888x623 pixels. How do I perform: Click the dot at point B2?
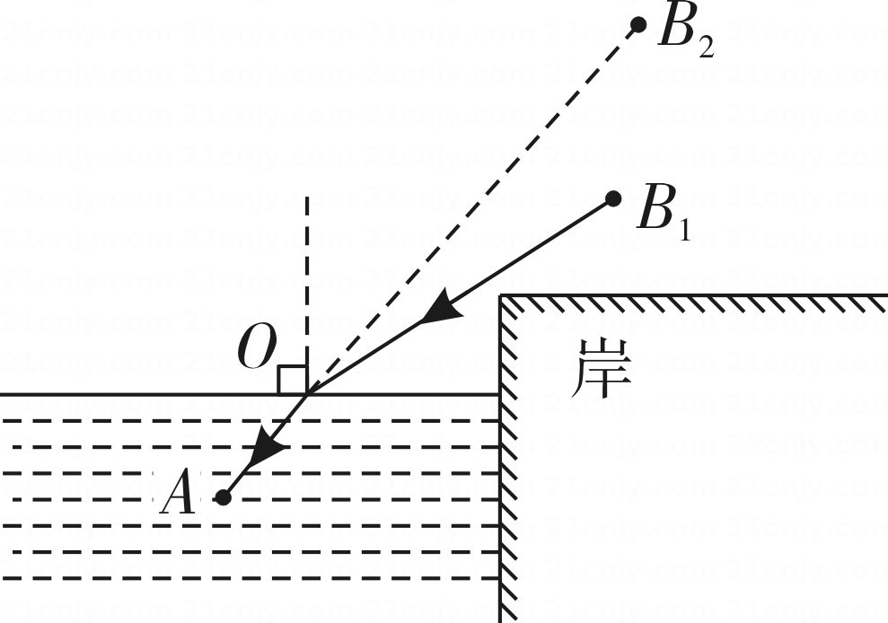pyautogui.click(x=638, y=25)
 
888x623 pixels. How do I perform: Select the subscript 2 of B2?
pyautogui.click(x=707, y=48)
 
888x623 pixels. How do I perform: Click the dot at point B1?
pyautogui.click(x=613, y=198)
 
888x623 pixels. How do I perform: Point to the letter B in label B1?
pyautogui.click(x=655, y=208)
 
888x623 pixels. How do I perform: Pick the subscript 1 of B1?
pyautogui.click(x=685, y=231)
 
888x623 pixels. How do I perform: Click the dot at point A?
pyautogui.click(x=224, y=498)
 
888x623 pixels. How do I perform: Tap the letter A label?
pyautogui.click(x=178, y=494)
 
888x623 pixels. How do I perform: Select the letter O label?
pyautogui.click(x=257, y=347)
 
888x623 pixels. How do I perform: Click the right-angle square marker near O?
pyautogui.click(x=292, y=381)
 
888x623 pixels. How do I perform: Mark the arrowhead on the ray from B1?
pyautogui.click(x=443, y=309)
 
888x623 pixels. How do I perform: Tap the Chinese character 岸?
pyautogui.click(x=602, y=369)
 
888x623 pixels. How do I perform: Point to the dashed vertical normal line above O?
pyautogui.click(x=307, y=294)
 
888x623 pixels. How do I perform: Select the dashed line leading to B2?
pyautogui.click(x=472, y=209)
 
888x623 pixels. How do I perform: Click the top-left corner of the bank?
pyautogui.click(x=501, y=295)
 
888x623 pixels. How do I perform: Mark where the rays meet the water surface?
pyautogui.click(x=307, y=394)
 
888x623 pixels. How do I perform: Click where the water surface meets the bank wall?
pyautogui.click(x=501, y=394)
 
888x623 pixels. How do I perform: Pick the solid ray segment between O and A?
pyautogui.click(x=265, y=446)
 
